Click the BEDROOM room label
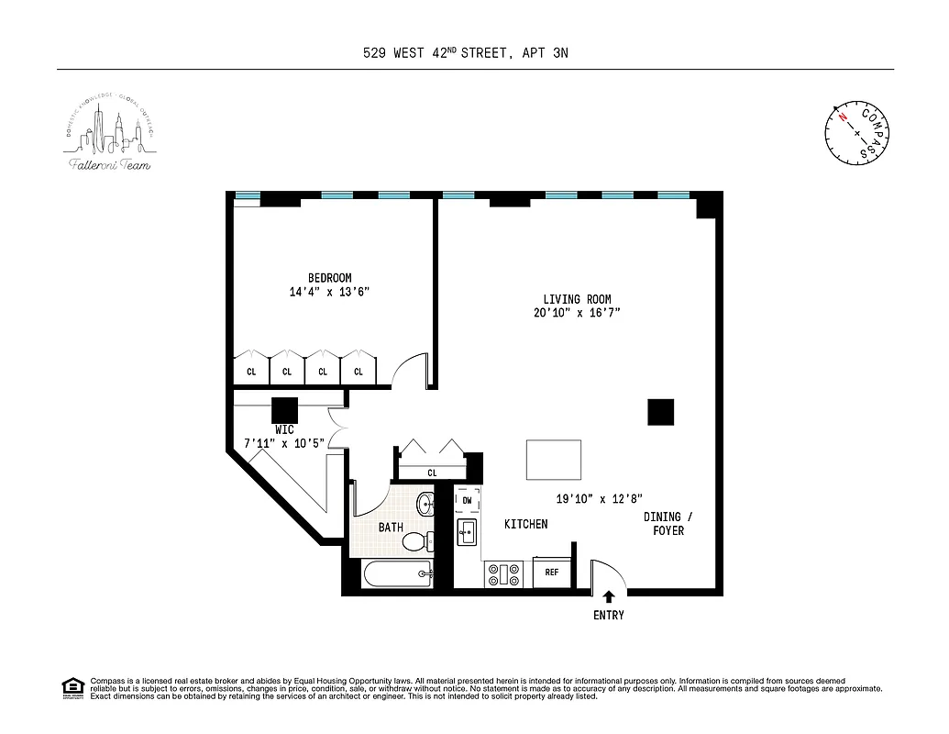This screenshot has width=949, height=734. pyautogui.click(x=329, y=278)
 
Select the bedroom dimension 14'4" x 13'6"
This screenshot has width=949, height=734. pyautogui.click(x=329, y=292)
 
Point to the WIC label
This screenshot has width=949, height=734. pyautogui.click(x=284, y=429)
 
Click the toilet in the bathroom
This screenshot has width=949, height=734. pyautogui.click(x=418, y=540)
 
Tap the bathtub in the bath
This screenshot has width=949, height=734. pyautogui.click(x=398, y=575)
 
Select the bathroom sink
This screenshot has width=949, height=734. pyautogui.click(x=426, y=504)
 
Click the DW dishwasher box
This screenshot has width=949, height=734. pyautogui.click(x=467, y=501)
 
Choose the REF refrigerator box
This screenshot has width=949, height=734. pyautogui.click(x=552, y=572)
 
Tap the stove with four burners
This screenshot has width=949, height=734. pyautogui.click(x=503, y=574)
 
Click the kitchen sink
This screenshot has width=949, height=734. pyautogui.click(x=466, y=532)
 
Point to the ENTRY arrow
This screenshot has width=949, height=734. pyautogui.click(x=608, y=596)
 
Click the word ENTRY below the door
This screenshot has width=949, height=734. pyautogui.click(x=608, y=615)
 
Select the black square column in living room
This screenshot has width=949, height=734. pyautogui.click(x=660, y=412)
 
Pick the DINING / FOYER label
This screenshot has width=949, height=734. pyautogui.click(x=668, y=524)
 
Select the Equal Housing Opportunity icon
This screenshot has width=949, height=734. pyautogui.click(x=72, y=687)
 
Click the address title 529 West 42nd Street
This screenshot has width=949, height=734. pyautogui.click(x=465, y=53)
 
